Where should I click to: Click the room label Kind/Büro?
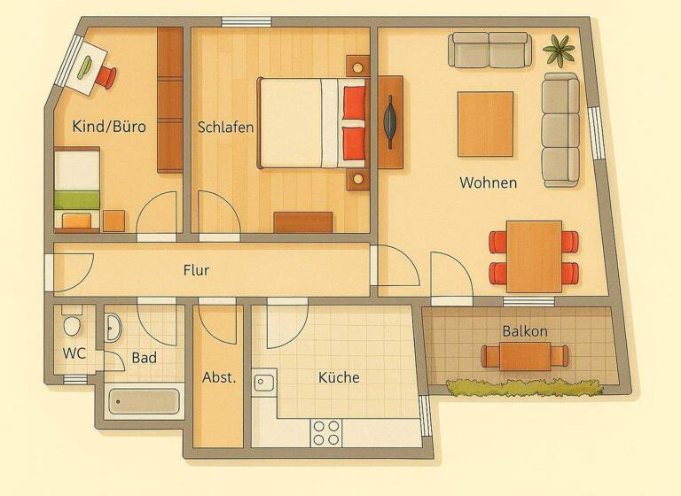click(108, 127)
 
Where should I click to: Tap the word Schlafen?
click(226, 127)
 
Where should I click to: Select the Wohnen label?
click(488, 182)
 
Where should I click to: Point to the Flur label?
click(196, 269)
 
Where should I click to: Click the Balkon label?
click(525, 331)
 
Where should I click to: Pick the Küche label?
click(339, 377)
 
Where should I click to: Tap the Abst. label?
click(218, 377)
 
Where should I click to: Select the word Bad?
click(145, 358)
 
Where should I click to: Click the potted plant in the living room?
click(559, 49)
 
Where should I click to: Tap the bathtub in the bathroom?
click(145, 402)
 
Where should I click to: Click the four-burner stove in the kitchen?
click(326, 432)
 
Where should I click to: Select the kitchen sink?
click(264, 383)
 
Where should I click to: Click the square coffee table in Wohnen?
click(485, 123)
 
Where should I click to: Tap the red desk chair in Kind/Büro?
click(106, 77)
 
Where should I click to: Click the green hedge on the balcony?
click(523, 386)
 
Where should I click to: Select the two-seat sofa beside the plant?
click(489, 50)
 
